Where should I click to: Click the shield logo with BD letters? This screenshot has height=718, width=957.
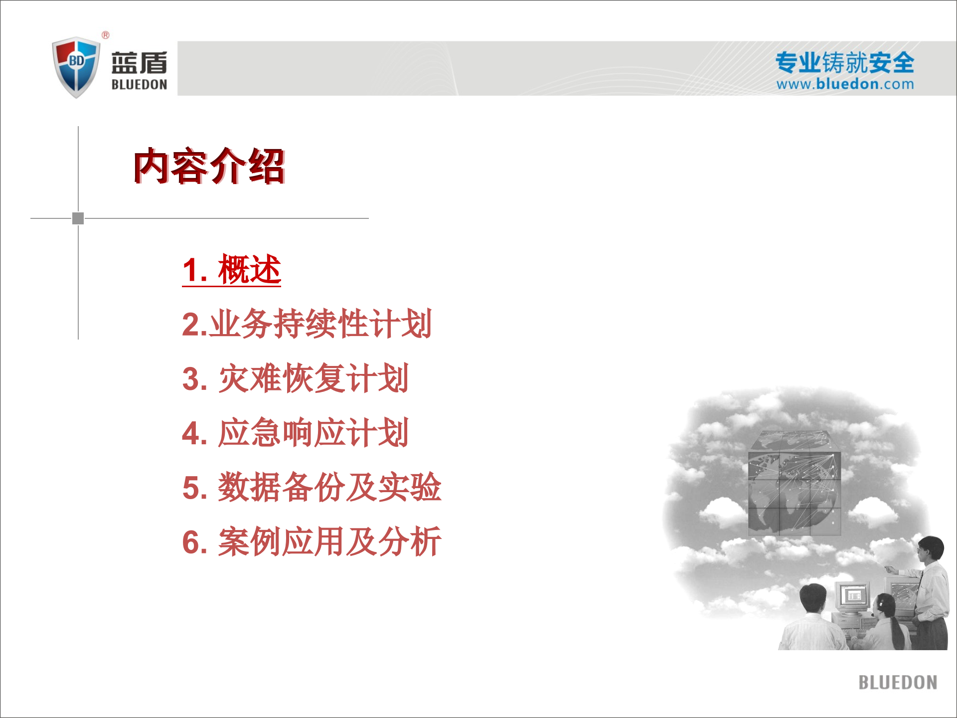(x=76, y=67)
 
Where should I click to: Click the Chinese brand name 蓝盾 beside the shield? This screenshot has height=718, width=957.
(x=139, y=63)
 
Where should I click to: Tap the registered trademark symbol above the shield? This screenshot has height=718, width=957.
(x=106, y=35)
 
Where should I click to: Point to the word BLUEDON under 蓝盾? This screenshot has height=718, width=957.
(x=139, y=85)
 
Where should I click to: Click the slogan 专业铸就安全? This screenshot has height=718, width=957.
(x=845, y=63)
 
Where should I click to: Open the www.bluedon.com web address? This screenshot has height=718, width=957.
(x=845, y=84)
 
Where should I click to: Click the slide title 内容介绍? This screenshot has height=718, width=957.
(x=209, y=166)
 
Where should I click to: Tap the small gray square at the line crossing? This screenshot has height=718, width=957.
(x=78, y=218)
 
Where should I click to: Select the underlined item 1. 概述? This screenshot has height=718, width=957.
(x=232, y=270)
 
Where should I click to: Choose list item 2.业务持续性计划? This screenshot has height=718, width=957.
(x=307, y=324)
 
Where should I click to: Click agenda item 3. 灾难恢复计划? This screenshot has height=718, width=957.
(x=295, y=378)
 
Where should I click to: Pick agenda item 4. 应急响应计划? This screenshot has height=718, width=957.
(x=295, y=433)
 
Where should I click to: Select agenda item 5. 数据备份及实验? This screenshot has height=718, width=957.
(x=312, y=487)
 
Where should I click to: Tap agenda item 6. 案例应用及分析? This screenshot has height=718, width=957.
(x=312, y=541)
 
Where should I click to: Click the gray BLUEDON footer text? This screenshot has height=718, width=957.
(x=897, y=683)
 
